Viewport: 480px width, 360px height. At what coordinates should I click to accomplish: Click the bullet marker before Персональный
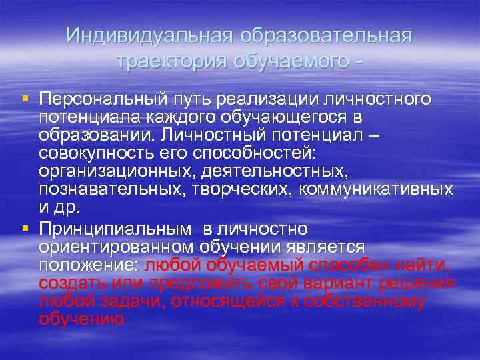pyautogui.click(x=25, y=99)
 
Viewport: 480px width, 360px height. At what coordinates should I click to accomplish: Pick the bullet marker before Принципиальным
pyautogui.click(x=25, y=229)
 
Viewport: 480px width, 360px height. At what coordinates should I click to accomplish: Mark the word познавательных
pyautogui.click(x=108, y=190)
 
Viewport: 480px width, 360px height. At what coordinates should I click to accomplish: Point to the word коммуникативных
pyautogui.click(x=376, y=190)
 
